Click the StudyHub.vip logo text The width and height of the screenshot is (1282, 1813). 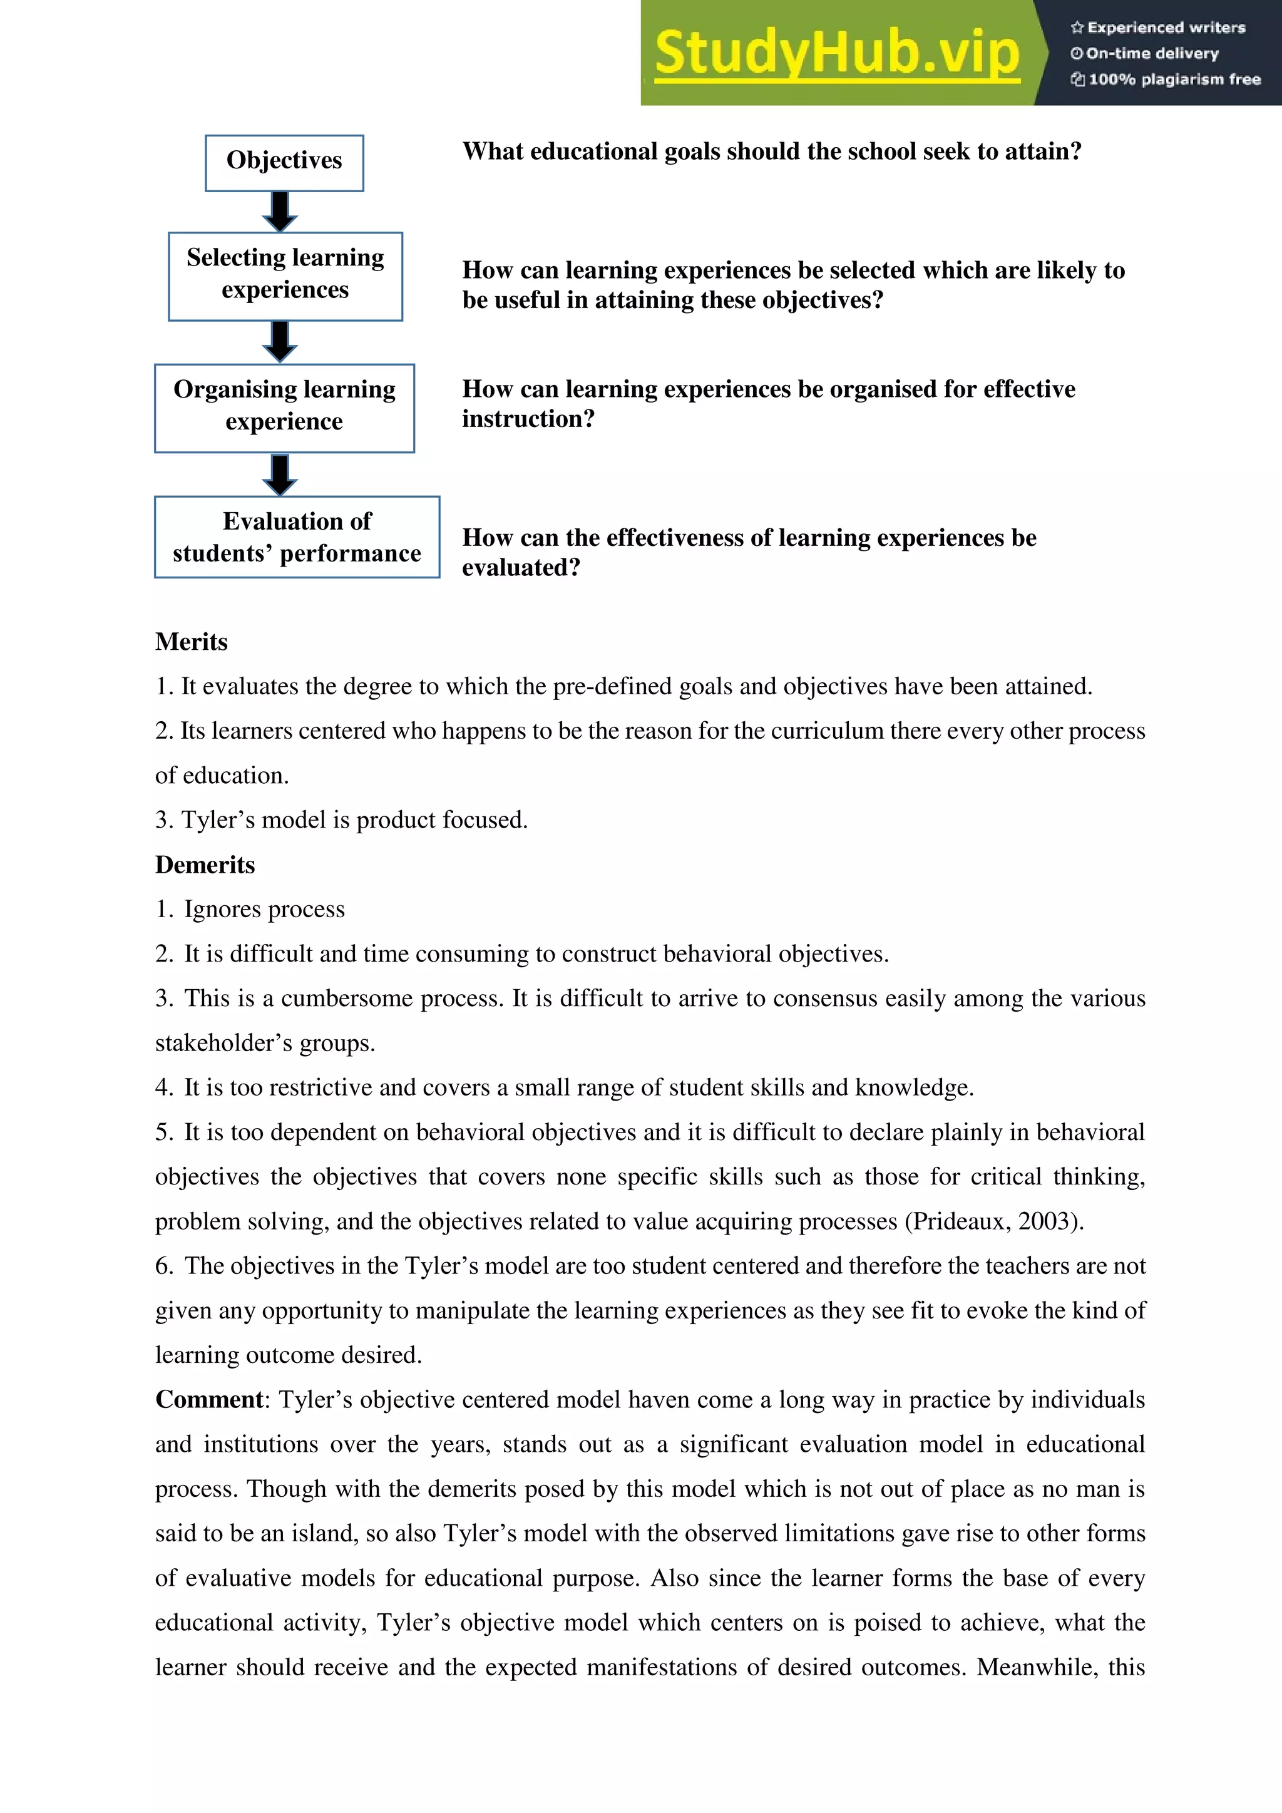[837, 54]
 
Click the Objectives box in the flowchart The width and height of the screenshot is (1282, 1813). [284, 161]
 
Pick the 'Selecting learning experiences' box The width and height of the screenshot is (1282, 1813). [285, 275]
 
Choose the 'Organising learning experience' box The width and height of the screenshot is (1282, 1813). [284, 407]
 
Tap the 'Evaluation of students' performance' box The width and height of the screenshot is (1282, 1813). [297, 537]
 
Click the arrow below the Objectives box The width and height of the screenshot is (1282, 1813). [279, 211]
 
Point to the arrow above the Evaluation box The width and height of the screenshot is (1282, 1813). [279, 474]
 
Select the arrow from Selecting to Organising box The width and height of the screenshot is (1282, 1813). [279, 341]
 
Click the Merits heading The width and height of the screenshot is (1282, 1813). [191, 641]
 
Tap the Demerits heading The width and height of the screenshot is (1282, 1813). [205, 865]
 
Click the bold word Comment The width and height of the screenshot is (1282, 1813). [209, 1399]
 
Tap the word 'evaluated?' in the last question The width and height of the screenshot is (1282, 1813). [521, 568]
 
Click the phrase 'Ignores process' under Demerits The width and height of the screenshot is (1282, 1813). [264, 910]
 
